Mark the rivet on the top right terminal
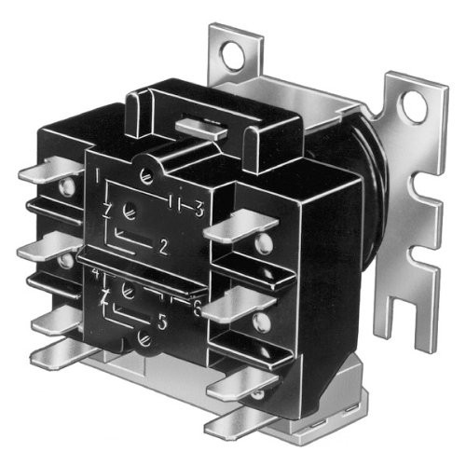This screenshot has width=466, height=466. pos(265,244)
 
